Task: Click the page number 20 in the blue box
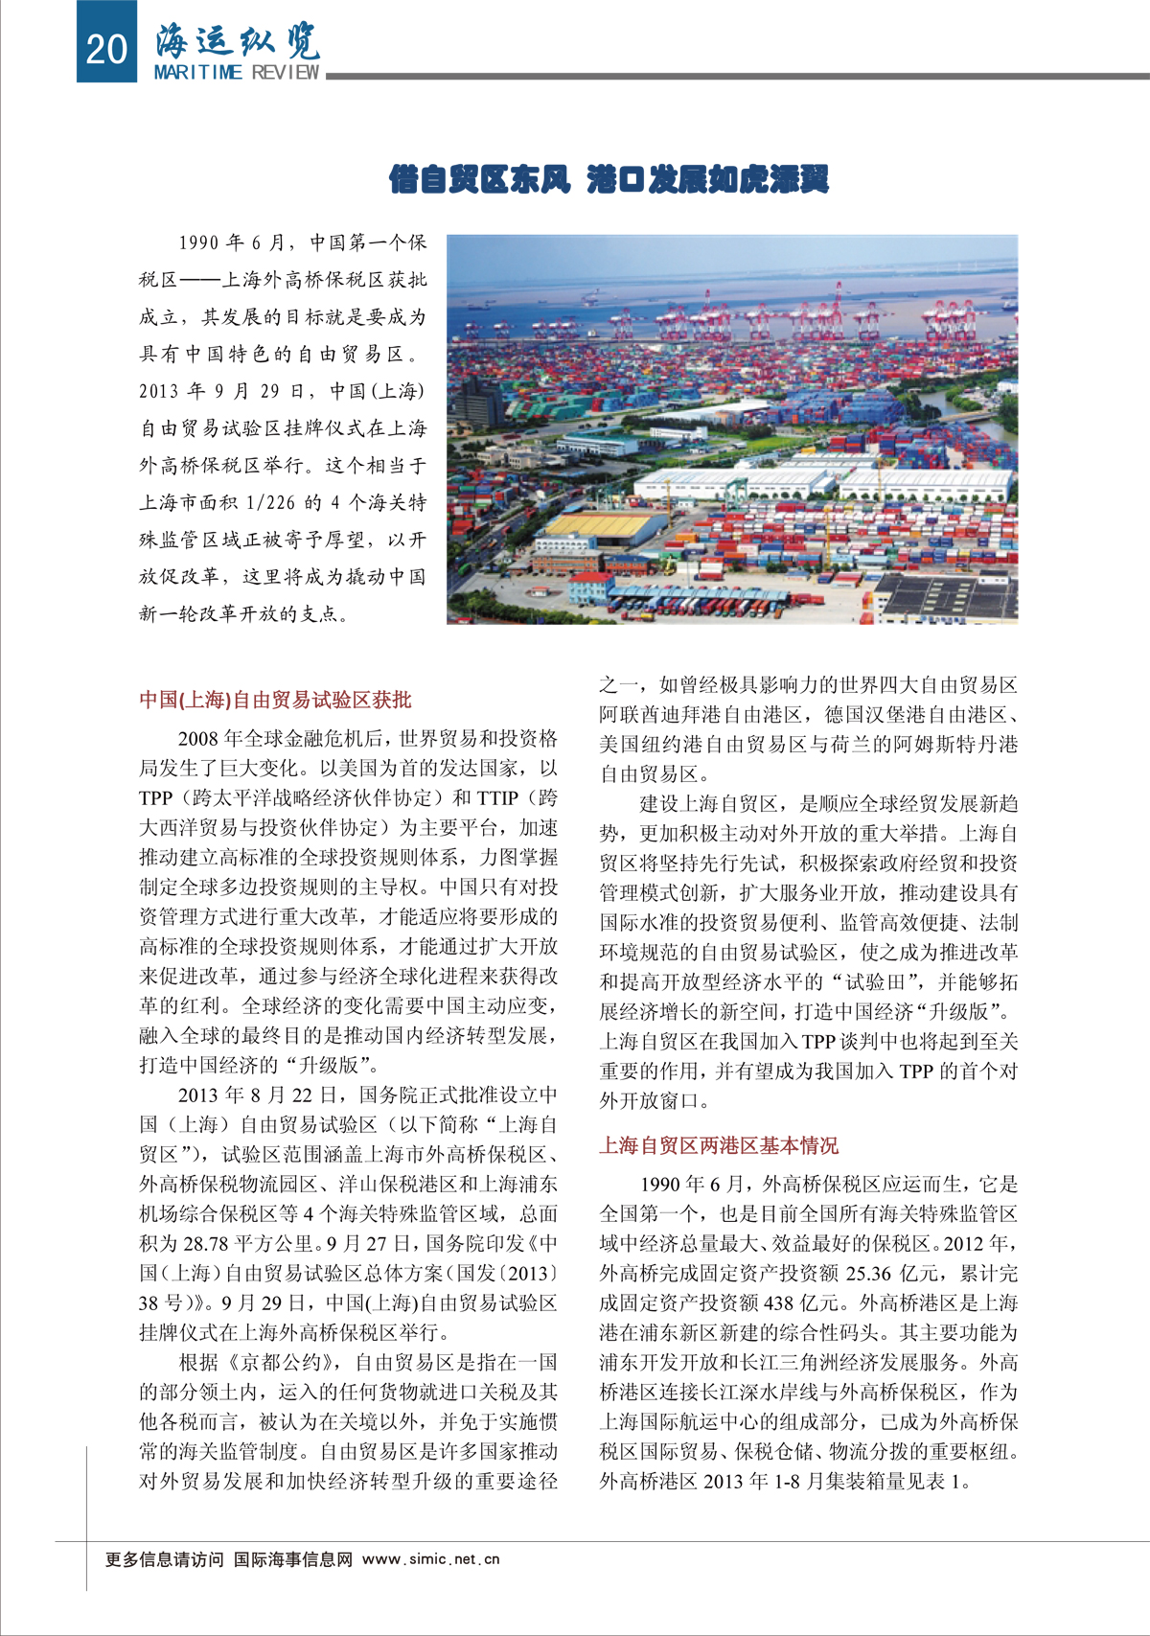(x=105, y=47)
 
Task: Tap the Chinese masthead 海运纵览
(x=237, y=40)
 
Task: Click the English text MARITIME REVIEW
(x=237, y=73)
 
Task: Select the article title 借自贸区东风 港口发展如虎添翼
(x=609, y=179)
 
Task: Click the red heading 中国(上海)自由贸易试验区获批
(x=275, y=700)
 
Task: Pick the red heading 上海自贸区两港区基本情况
(x=719, y=1145)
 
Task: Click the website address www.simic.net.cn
(x=431, y=1559)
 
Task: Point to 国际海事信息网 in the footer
(x=293, y=1559)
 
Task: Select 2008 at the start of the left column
(x=199, y=739)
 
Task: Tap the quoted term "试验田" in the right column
(x=882, y=982)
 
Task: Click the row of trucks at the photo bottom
(x=700, y=606)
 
